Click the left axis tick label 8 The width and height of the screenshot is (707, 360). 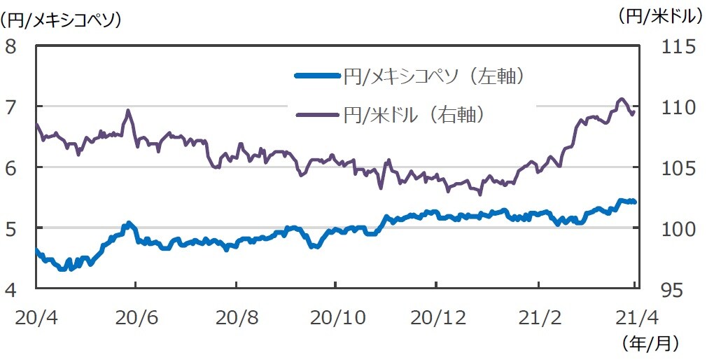[11, 46]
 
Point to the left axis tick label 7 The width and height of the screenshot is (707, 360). [11, 107]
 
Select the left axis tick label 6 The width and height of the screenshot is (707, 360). [11, 167]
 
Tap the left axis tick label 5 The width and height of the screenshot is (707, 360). [11, 228]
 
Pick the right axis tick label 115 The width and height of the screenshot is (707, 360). [676, 47]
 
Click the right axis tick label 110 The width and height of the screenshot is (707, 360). [676, 108]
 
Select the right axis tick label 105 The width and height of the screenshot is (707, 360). [676, 168]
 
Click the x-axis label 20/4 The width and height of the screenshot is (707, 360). [34, 317]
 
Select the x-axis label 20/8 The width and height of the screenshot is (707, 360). [237, 317]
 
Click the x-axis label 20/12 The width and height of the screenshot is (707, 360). [436, 317]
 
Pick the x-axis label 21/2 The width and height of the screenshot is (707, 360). [538, 317]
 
